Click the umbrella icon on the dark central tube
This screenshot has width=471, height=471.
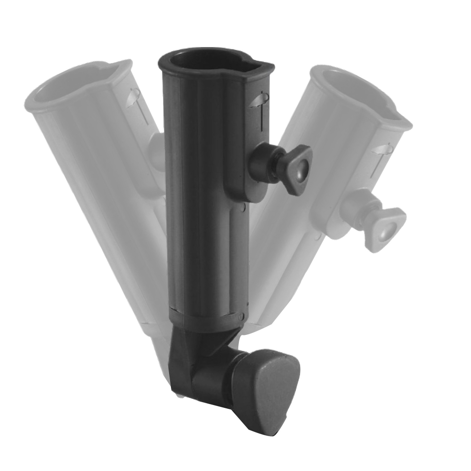tap(259, 101)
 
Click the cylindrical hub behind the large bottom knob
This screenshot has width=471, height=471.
tap(214, 379)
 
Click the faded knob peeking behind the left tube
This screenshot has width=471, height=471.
tap(155, 146)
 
